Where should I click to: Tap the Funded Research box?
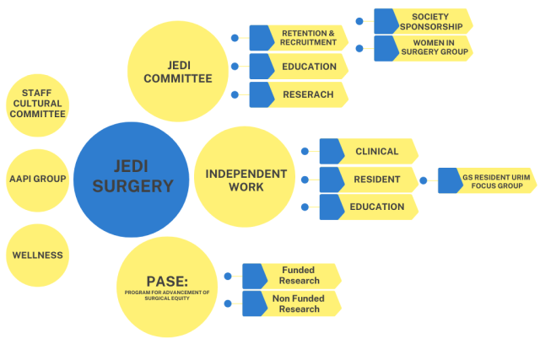click(x=292, y=276)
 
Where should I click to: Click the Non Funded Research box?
click(x=292, y=304)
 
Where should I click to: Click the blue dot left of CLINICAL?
click(x=304, y=152)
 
